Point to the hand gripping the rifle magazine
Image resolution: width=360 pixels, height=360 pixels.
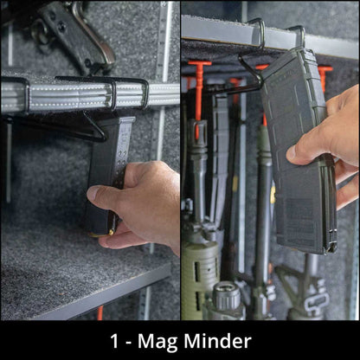coord(333,147)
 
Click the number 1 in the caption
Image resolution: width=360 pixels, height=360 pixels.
coord(115,340)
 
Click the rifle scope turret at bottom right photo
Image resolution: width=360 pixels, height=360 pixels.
coord(227,299)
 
